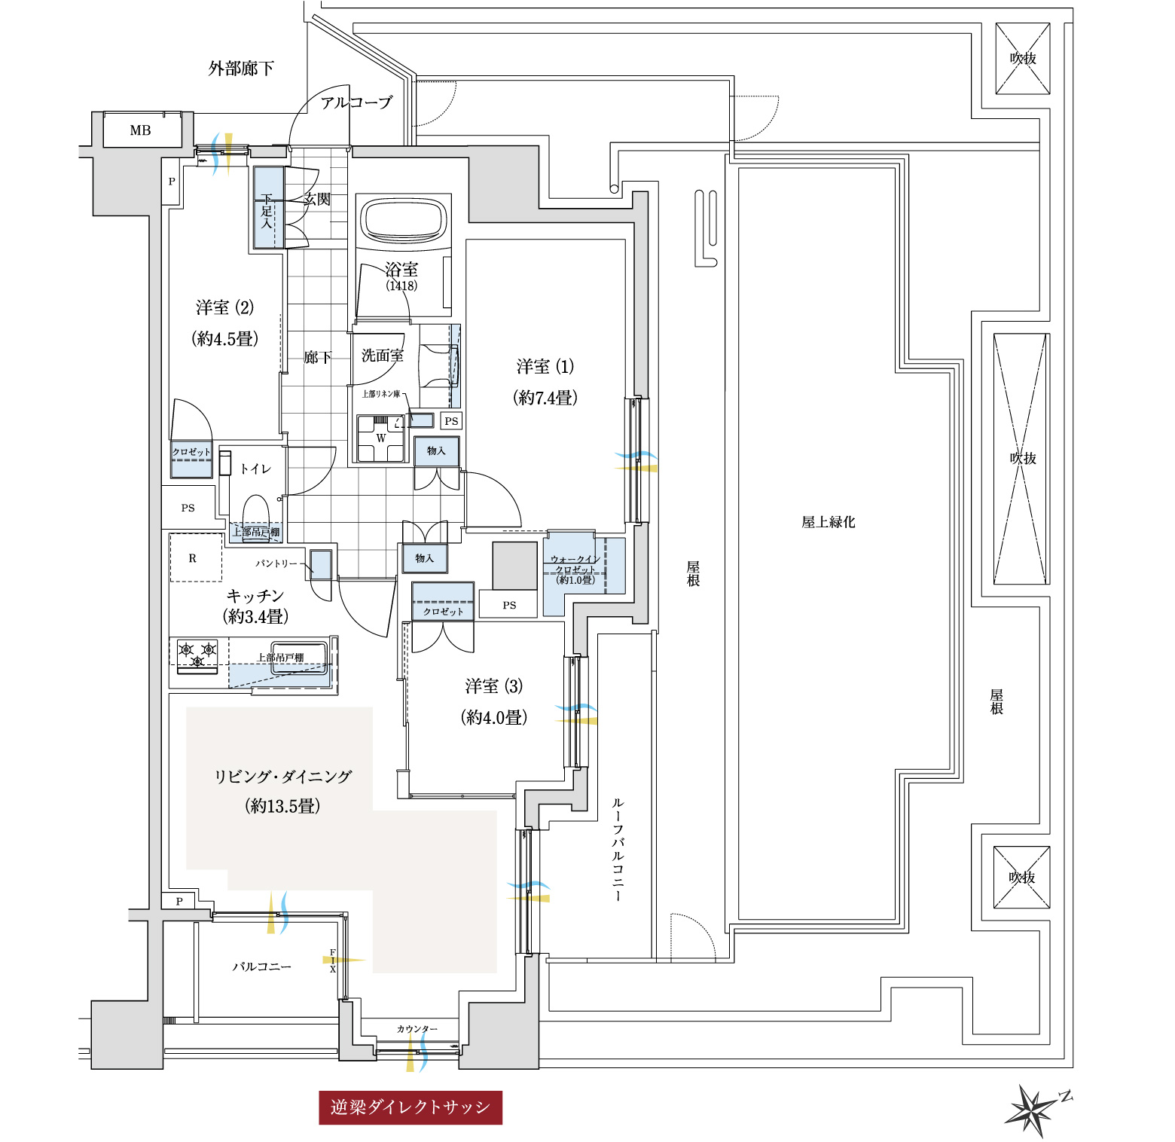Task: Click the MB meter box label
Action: tap(140, 130)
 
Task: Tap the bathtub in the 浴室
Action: tap(402, 220)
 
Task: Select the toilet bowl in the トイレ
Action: tap(256, 509)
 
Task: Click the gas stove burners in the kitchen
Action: tap(197, 653)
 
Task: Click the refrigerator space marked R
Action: tap(194, 558)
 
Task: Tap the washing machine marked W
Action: tap(380, 438)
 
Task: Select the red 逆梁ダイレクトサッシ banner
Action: tap(410, 1107)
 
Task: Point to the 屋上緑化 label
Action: tap(828, 522)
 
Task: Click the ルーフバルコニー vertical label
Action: tap(618, 850)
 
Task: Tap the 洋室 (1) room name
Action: tap(545, 367)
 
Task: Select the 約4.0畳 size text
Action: tap(493, 717)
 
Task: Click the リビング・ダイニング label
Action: tap(283, 777)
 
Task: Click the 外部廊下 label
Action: tap(241, 69)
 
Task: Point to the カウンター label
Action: tap(417, 1029)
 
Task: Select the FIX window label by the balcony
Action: tap(333, 960)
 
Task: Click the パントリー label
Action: tap(276, 563)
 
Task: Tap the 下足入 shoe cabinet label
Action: tap(267, 210)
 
